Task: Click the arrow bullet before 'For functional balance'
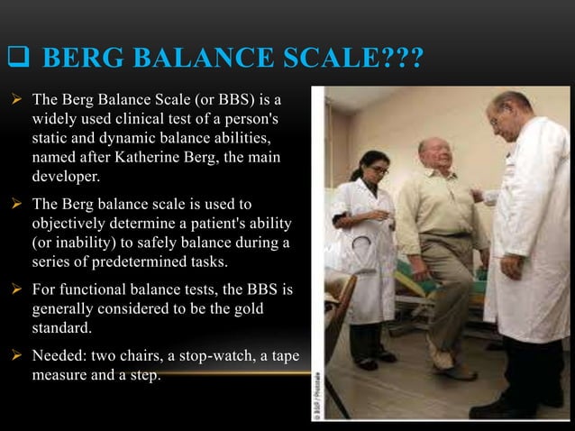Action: (x=17, y=290)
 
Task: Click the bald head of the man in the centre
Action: (x=432, y=147)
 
